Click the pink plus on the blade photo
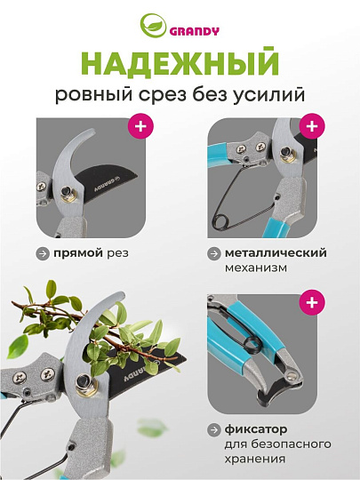tap(140, 126)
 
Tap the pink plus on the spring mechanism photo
tap(311, 126)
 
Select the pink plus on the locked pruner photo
tap(311, 303)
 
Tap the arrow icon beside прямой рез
tap(42, 253)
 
